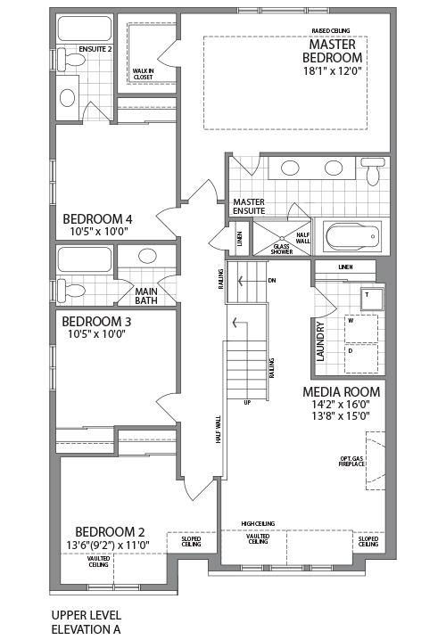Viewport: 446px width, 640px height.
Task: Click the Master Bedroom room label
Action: (332, 51)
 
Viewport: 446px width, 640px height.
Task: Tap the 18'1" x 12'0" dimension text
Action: (332, 70)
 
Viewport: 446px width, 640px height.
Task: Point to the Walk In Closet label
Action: (143, 73)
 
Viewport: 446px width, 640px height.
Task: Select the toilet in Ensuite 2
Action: (76, 59)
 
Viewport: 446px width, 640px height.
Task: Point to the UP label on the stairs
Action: (247, 401)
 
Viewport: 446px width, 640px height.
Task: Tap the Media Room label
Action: (342, 392)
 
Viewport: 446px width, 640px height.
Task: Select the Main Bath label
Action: (147, 295)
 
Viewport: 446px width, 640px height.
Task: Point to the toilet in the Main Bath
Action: (74, 290)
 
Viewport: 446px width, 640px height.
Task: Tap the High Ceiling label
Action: (258, 524)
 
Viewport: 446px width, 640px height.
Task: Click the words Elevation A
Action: (86, 628)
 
